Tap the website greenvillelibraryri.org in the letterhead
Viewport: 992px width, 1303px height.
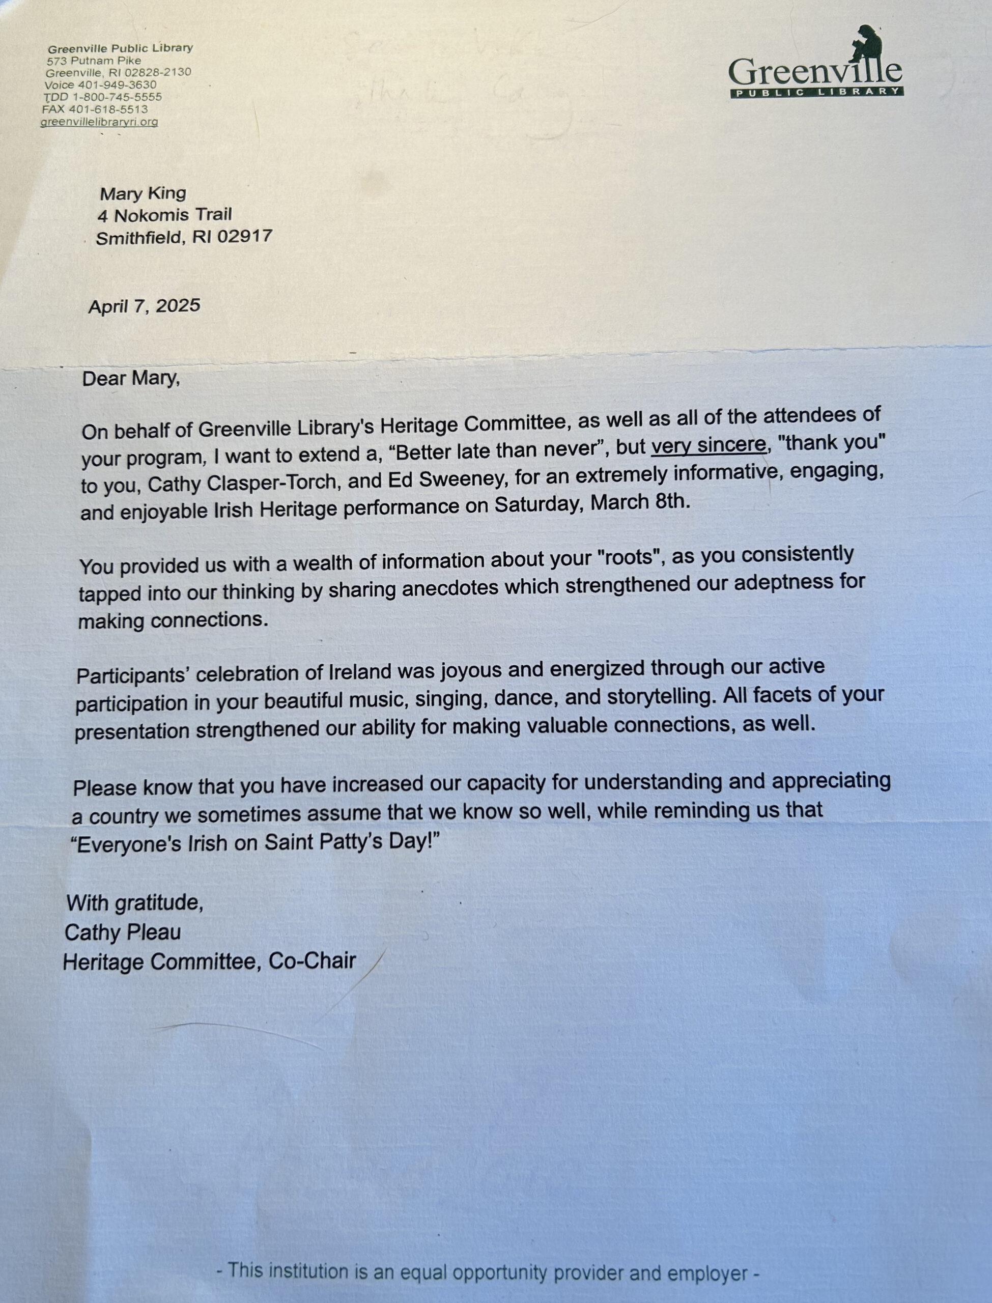click(x=99, y=122)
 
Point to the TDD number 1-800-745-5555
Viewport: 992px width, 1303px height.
click(x=117, y=97)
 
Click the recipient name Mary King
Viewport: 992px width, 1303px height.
click(x=143, y=193)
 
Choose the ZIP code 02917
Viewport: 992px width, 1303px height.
click(x=244, y=236)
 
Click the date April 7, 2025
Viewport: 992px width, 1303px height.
click(x=144, y=306)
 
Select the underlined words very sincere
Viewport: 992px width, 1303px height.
click(x=708, y=444)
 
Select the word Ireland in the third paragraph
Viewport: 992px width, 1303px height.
click(x=360, y=672)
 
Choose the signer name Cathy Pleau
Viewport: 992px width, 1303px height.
click(x=122, y=932)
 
